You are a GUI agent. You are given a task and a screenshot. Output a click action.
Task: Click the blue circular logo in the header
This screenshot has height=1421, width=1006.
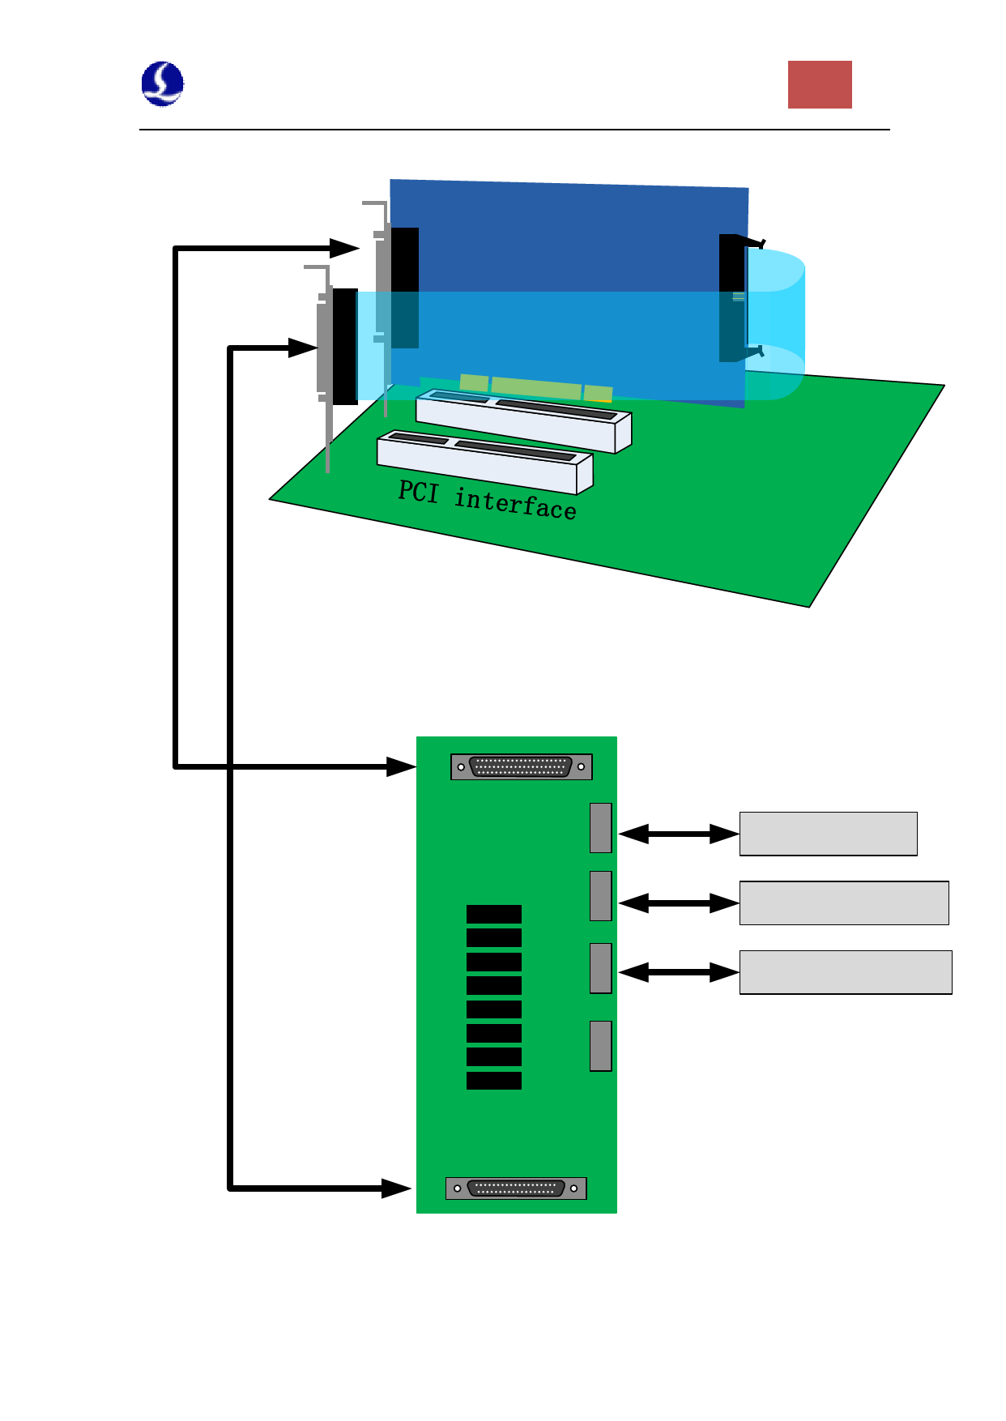[162, 83]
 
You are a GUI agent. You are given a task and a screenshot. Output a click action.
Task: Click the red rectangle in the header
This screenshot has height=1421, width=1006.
[820, 84]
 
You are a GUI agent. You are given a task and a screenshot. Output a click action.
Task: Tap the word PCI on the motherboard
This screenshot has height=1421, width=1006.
[418, 492]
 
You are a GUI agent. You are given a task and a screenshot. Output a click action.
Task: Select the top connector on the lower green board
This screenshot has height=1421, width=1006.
[521, 766]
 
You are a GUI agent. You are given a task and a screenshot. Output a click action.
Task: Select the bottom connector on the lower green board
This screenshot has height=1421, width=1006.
[516, 1188]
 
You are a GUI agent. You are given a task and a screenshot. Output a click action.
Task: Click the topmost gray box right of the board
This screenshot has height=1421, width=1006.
[828, 834]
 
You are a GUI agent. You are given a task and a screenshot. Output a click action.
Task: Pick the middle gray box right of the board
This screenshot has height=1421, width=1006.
[843, 903]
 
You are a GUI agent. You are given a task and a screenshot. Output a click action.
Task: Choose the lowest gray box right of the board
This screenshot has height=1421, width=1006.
[845, 972]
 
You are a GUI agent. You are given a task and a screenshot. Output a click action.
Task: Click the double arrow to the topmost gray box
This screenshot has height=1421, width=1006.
[679, 834]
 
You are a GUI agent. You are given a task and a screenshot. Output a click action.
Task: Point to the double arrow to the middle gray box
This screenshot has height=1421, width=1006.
[679, 903]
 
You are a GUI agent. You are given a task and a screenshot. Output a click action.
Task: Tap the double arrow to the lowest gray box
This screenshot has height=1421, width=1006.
[679, 972]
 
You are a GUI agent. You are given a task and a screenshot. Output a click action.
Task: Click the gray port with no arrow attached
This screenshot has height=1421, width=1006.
[600, 1046]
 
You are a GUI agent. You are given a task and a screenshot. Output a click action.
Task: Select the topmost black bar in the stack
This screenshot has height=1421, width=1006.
[494, 915]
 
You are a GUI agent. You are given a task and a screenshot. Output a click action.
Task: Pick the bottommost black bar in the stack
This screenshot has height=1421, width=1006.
[494, 1081]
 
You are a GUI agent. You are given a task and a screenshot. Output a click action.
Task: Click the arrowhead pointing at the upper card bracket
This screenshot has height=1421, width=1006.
[345, 248]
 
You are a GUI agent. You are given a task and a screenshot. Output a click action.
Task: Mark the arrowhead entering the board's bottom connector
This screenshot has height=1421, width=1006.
[396, 1188]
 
